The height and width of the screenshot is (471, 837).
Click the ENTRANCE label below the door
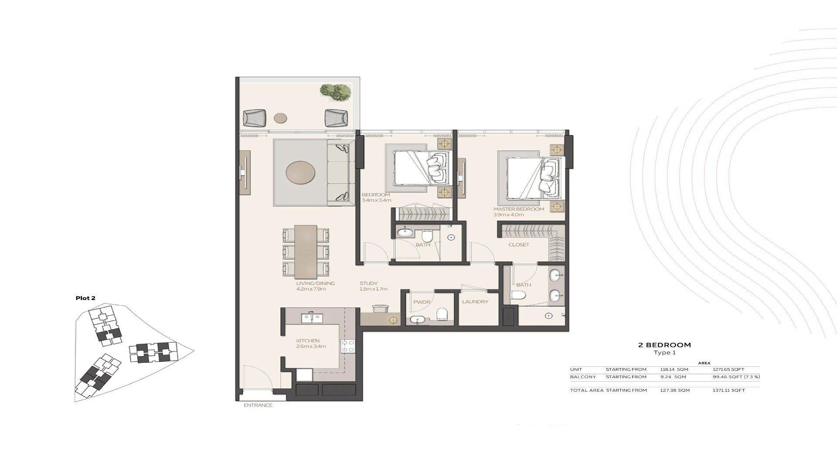(258, 405)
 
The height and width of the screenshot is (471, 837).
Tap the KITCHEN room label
(308, 341)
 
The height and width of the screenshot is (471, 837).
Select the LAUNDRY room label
(475, 301)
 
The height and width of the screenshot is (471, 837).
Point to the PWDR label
(422, 301)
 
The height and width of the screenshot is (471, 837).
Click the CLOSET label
(519, 245)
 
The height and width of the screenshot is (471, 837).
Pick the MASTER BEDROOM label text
(519, 209)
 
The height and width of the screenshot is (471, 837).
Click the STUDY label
(368, 283)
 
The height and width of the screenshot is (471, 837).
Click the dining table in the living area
(306, 252)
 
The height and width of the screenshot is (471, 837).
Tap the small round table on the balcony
(280, 117)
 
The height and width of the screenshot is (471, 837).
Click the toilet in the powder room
(442, 314)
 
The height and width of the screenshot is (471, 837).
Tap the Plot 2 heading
(85, 298)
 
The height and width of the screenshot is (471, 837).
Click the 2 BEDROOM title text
(664, 345)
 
